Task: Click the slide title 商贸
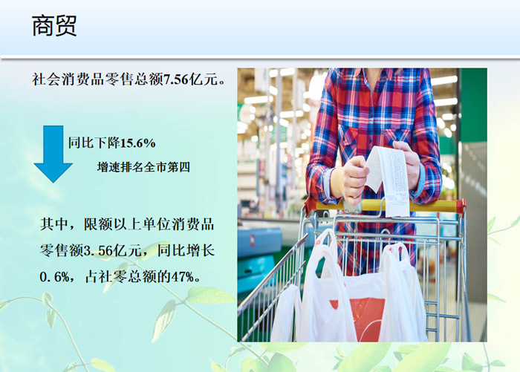54,25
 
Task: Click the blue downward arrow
53,154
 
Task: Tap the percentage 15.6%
137,143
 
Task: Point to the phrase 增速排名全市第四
143,167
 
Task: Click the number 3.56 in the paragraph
98,250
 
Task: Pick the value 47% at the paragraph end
183,276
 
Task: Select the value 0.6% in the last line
54,276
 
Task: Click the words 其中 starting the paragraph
54,224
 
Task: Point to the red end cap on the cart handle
461,206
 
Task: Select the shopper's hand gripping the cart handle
351,180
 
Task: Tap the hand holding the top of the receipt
407,163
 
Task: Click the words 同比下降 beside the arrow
94,143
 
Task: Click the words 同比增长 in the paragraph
186,250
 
